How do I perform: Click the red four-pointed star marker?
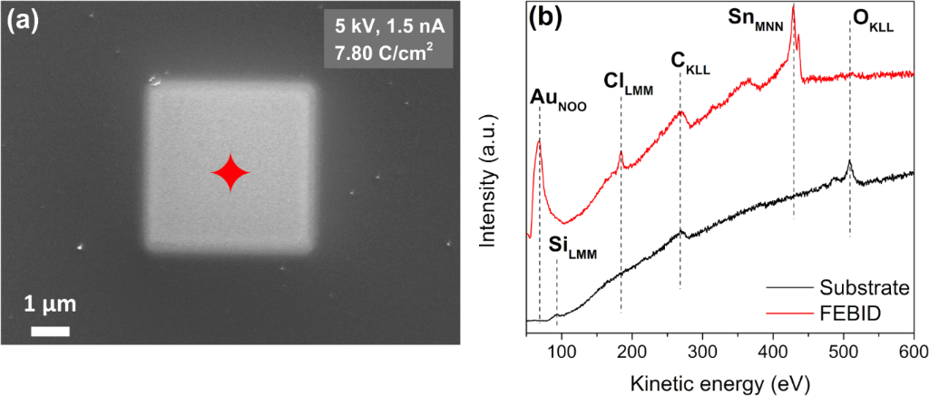[230, 172]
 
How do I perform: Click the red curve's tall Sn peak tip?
[794, 6]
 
